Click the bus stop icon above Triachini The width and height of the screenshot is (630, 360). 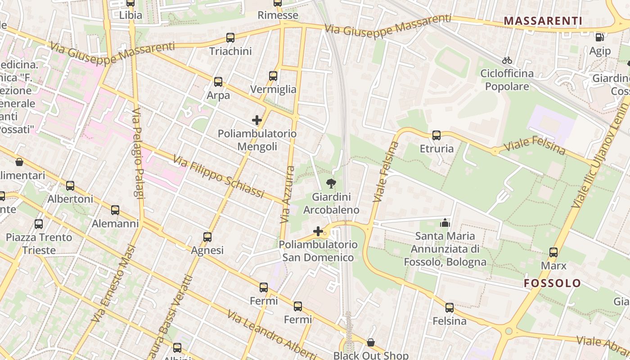point(230,38)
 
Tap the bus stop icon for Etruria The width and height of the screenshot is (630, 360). point(436,135)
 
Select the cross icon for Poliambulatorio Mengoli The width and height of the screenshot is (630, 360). point(257,120)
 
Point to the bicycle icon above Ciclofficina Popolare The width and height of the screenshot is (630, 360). point(507,60)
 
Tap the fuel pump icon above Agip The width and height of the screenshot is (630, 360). point(600,38)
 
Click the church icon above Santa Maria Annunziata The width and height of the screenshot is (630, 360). point(445,222)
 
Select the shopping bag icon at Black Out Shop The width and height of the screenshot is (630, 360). point(371,342)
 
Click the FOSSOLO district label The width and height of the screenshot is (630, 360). point(553,283)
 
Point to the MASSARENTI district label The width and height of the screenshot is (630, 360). point(543,21)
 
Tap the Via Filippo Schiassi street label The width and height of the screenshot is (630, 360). point(218,177)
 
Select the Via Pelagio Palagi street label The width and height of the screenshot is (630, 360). point(138,153)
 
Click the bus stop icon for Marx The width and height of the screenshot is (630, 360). point(553,252)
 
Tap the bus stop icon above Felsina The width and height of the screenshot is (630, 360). point(450,308)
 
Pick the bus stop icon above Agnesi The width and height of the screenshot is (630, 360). point(207,237)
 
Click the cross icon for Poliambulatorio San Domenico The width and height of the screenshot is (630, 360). point(318,231)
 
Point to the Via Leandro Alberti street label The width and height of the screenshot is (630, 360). point(272,334)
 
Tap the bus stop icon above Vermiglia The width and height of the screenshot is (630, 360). point(273,76)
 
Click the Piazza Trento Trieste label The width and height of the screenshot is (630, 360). point(39,243)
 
